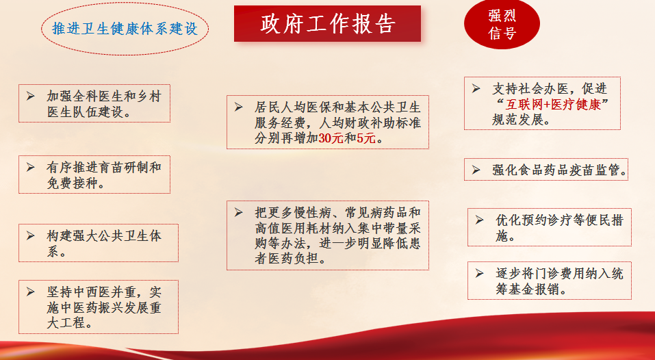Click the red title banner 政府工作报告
(x=327, y=23)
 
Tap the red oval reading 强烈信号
(x=502, y=24)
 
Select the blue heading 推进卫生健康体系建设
(x=125, y=28)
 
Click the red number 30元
(x=331, y=138)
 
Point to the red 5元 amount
(x=366, y=138)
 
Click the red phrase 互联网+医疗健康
(x=553, y=104)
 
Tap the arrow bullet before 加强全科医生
(x=31, y=96)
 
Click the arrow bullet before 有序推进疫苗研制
(x=31, y=168)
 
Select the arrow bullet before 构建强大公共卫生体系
(x=31, y=235)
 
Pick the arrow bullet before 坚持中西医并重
(x=31, y=292)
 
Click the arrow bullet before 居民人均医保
(x=238, y=107)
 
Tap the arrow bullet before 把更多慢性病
(x=238, y=212)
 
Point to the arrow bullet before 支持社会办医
(x=476, y=88)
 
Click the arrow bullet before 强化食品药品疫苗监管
(x=476, y=170)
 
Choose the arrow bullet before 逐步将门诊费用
(x=480, y=274)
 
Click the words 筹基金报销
(x=528, y=290)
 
